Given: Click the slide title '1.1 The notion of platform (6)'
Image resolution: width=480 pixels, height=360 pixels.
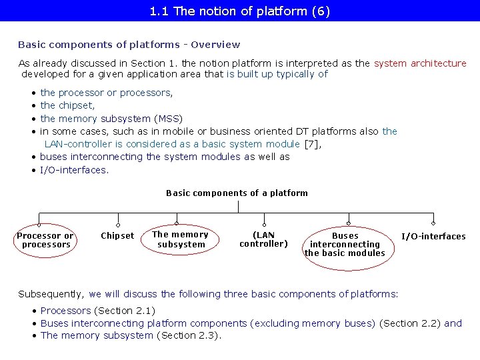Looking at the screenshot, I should pyautogui.click(x=240, y=11).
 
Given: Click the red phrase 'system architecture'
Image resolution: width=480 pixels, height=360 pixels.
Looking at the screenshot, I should pyautogui.click(x=420, y=63).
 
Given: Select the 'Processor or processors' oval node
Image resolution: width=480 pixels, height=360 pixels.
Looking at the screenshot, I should pyautogui.click(x=45, y=240).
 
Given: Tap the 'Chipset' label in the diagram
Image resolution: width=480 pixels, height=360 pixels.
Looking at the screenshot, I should pyautogui.click(x=117, y=236).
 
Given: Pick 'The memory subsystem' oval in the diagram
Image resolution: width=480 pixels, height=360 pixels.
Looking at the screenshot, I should pyautogui.click(x=180, y=239).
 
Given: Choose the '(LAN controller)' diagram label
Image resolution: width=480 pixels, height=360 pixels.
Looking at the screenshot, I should pyautogui.click(x=264, y=239).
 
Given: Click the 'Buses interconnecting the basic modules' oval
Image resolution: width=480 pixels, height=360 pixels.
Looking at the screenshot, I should pyautogui.click(x=345, y=245).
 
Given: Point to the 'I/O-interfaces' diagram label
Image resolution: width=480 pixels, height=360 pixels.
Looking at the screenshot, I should pyautogui.click(x=433, y=237).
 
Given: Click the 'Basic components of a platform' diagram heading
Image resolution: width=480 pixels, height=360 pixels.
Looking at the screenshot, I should pyautogui.click(x=237, y=193).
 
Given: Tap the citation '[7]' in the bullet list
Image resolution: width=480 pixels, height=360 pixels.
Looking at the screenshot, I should pyautogui.click(x=311, y=144).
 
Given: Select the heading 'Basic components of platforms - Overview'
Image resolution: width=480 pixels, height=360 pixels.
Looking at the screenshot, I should pyautogui.click(x=129, y=45).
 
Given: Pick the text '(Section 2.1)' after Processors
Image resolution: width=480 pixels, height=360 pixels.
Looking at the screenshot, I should pyautogui.click(x=125, y=311).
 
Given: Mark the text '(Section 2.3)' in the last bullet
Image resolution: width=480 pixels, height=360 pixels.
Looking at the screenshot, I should pyautogui.click(x=189, y=335).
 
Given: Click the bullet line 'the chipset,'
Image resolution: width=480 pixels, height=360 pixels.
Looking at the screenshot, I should pyautogui.click(x=67, y=105).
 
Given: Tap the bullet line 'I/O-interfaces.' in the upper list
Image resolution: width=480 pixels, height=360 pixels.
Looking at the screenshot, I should pyautogui.click(x=73, y=170).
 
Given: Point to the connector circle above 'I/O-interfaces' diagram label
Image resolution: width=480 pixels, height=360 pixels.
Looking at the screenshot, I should pyautogui.click(x=433, y=224).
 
